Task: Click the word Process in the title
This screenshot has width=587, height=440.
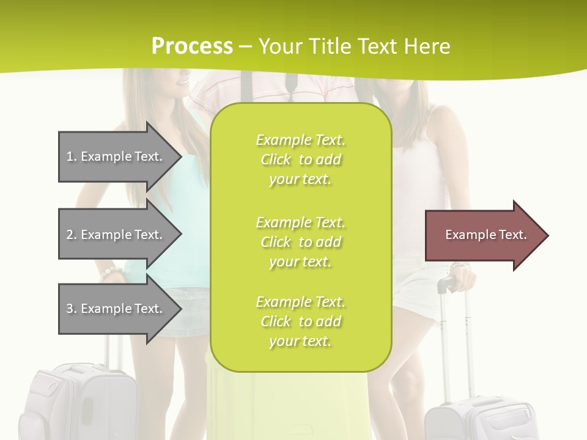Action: pos(192,46)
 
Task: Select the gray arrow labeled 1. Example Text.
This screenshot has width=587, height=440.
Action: pos(116,156)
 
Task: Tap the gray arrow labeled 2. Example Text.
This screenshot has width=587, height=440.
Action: pos(116,235)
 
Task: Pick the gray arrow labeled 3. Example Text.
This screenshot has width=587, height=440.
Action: pos(116,309)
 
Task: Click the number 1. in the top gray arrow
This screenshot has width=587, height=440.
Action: pos(72,156)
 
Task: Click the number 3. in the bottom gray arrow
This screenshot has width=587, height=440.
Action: pos(72,309)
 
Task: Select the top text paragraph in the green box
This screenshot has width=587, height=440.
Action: pos(300,159)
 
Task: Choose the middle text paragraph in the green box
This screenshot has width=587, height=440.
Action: pos(300,242)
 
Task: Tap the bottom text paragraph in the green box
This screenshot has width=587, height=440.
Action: pos(300,321)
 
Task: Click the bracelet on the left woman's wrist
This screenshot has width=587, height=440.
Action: pos(112,271)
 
